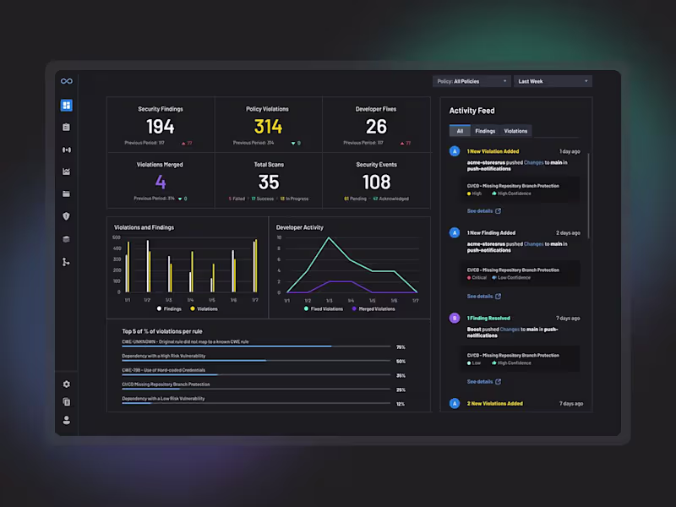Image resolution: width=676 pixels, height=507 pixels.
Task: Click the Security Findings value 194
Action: (161, 127)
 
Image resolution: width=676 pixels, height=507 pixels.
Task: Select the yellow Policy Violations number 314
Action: (269, 127)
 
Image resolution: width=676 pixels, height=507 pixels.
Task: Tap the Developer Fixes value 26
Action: (376, 127)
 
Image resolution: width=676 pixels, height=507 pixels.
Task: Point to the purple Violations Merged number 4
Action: (161, 182)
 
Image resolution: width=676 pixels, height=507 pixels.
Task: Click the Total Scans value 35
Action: (269, 182)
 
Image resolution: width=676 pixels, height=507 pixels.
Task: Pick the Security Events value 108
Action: (376, 182)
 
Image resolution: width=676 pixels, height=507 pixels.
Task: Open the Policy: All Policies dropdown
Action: (472, 81)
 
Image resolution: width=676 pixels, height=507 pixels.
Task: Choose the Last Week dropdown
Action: (553, 81)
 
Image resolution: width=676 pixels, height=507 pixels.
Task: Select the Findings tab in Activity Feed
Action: (485, 131)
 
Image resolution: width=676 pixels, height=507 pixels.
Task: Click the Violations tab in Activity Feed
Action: (515, 131)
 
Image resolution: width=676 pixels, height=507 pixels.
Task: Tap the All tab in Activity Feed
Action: (460, 131)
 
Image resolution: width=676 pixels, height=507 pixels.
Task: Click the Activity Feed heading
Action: (472, 111)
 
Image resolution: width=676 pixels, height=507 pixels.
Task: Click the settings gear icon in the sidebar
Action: (67, 384)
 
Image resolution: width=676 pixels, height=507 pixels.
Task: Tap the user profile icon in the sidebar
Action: (67, 420)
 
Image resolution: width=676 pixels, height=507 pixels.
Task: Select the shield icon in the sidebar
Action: (67, 216)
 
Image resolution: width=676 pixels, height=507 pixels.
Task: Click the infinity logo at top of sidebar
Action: (67, 81)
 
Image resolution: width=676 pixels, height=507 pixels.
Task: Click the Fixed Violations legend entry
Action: (324, 309)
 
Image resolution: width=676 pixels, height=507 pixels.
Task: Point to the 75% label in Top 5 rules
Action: (401, 347)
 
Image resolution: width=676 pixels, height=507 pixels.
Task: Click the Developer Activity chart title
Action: (300, 227)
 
